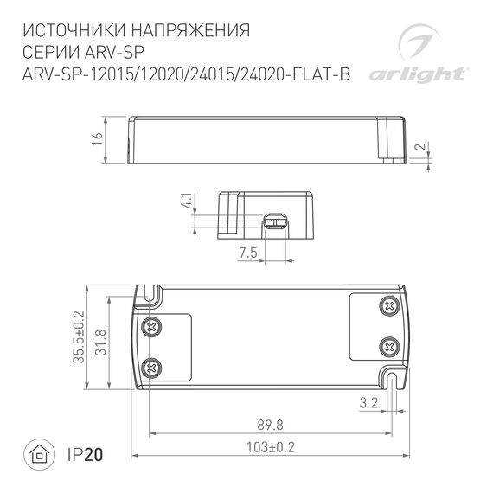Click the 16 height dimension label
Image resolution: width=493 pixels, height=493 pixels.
(97, 138)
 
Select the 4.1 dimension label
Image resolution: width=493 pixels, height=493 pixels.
(185, 204)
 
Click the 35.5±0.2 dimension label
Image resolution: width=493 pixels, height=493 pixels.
(79, 338)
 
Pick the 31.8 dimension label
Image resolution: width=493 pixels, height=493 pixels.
(101, 338)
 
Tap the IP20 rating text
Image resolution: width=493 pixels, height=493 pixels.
(83, 454)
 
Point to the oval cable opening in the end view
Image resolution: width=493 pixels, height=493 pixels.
(276, 222)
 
